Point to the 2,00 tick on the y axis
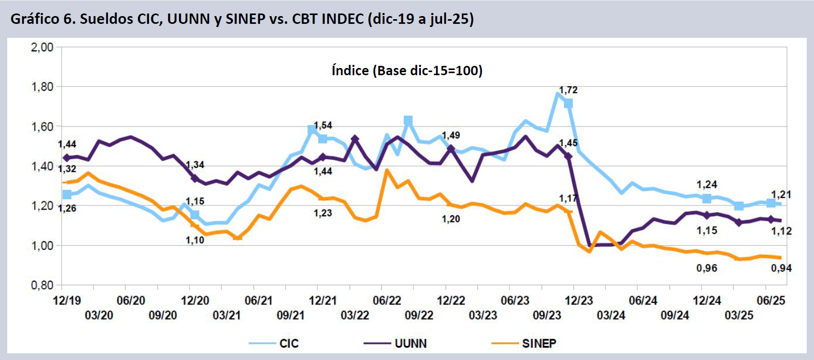43,47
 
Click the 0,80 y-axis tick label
43,285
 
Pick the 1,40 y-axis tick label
43,167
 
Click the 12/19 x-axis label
67,300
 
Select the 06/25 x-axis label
771,300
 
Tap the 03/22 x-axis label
355,315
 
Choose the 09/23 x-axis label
547,315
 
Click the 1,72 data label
568,90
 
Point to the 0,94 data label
781,268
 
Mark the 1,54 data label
323,126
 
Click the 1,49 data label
451,135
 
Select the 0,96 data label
707,268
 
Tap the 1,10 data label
195,240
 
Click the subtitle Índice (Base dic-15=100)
407,71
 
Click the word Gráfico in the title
35,19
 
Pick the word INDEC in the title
343,19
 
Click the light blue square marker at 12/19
67,195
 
